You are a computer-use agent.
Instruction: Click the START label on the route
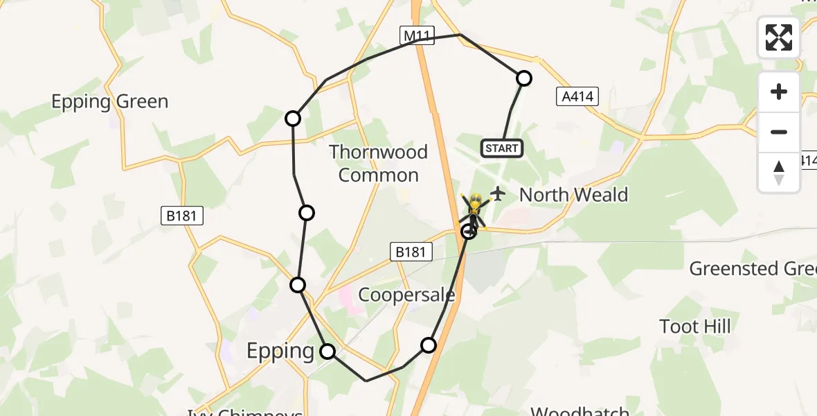pyautogui.click(x=501, y=148)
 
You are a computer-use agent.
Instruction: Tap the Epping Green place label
pyautogui.click(x=109, y=102)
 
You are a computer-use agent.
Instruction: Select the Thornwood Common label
pyautogui.click(x=378, y=163)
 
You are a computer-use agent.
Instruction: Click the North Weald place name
pyautogui.click(x=573, y=195)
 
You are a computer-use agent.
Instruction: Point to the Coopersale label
pyautogui.click(x=406, y=295)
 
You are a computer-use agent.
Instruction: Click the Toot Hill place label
pyautogui.click(x=695, y=326)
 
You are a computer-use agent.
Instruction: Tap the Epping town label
pyautogui.click(x=280, y=351)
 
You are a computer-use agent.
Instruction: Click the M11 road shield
pyautogui.click(x=418, y=35)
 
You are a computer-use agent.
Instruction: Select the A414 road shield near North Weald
pyautogui.click(x=577, y=96)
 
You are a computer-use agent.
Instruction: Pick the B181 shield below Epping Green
pyautogui.click(x=182, y=216)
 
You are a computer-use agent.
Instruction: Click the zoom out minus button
pyautogui.click(x=779, y=132)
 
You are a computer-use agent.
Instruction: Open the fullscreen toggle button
pyautogui.click(x=779, y=37)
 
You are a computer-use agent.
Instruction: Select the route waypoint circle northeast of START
pyautogui.click(x=524, y=78)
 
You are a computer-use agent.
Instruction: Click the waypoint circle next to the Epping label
pyautogui.click(x=327, y=352)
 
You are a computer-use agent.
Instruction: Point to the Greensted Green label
pyautogui.click(x=752, y=268)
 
